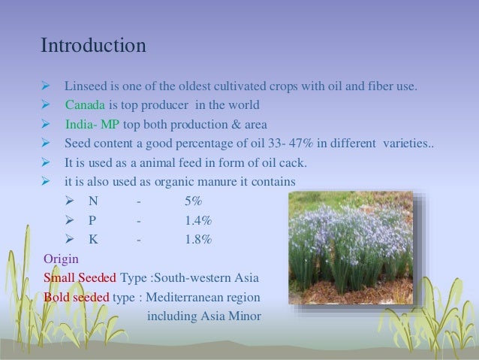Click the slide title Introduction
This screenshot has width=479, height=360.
(93, 46)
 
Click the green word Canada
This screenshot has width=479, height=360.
(86, 104)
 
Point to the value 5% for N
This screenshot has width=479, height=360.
(192, 202)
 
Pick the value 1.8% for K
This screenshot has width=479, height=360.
(197, 240)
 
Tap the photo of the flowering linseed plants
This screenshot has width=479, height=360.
(351, 247)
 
